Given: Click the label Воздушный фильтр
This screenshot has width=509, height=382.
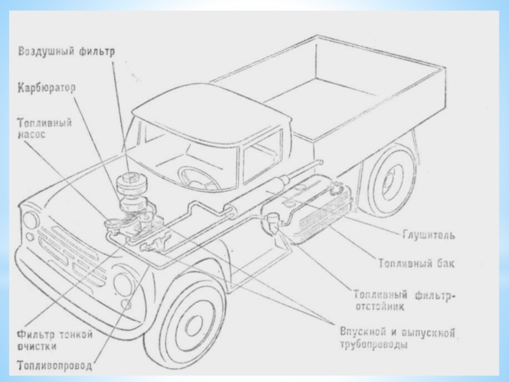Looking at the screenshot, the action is (66, 52).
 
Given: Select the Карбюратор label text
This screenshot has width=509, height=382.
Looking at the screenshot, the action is (46, 88).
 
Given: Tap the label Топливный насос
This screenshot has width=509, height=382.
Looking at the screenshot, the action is (45, 129).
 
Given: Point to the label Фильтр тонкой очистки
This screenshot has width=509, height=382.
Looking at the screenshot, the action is (55, 340).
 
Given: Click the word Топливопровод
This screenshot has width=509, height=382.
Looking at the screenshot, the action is (55, 365).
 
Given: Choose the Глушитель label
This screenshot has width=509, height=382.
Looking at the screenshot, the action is (428, 234).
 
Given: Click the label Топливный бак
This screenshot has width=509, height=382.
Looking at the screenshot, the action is (417, 263).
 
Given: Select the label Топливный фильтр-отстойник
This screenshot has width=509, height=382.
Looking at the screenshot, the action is (404, 301).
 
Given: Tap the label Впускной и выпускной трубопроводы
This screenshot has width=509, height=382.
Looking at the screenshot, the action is (397, 338).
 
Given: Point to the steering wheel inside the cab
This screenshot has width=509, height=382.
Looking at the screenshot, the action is (198, 178).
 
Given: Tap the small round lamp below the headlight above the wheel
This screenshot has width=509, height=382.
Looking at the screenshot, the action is (125, 304).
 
